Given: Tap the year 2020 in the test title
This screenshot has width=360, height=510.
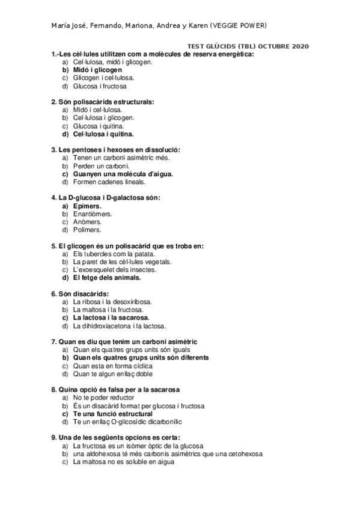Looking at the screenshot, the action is [297, 46].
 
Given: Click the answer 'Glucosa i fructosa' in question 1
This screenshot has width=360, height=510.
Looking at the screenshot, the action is [100, 85].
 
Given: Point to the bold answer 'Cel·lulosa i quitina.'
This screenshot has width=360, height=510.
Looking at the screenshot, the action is [103, 134].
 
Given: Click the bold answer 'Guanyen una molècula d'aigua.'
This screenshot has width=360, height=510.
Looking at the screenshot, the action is [123, 174].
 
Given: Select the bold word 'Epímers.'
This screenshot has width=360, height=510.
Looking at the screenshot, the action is [87, 206].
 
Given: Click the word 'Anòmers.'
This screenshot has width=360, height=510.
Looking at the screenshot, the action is [87, 221].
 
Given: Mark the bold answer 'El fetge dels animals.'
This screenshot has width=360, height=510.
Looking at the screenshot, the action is [106, 278].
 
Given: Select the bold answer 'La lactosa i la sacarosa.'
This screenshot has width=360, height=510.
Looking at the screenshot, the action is [111, 318].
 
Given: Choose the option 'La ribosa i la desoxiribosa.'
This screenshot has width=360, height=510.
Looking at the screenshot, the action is [112, 301].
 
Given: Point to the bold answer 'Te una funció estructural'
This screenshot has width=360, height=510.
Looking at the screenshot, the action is [112, 414].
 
